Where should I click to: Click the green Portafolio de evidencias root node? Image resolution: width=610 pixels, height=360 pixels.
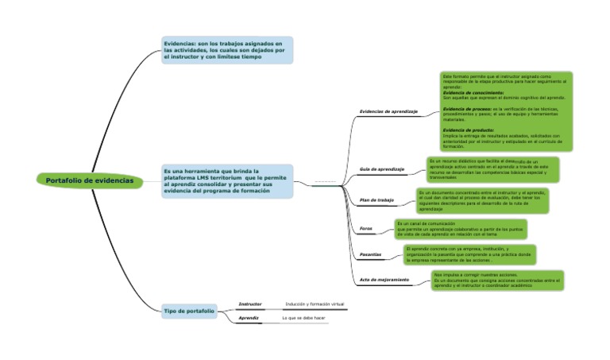89,180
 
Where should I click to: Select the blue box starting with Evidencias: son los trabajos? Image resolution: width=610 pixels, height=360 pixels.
226,50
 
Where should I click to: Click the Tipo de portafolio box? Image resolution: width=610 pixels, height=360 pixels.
189,311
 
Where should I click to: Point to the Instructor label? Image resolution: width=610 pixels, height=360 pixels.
250,304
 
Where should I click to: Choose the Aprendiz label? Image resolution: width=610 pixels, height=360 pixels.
249,318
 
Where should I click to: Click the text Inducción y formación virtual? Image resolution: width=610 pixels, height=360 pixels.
315,304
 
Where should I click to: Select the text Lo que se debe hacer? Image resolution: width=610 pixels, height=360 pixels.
304,318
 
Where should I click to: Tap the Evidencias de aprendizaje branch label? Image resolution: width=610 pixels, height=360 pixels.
388,111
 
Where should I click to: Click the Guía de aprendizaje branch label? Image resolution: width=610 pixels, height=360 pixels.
382,169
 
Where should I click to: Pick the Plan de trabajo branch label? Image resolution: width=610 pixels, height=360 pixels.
376,200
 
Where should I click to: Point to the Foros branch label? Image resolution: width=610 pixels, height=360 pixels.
365,229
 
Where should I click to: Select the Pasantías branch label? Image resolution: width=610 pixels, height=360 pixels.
370,254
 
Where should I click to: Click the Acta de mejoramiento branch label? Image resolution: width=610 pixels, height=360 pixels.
384,280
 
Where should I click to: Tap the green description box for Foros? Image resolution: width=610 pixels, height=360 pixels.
460,229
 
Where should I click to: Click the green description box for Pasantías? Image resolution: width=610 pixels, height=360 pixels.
469,254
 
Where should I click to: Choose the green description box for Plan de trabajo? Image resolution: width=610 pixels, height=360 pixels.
481,200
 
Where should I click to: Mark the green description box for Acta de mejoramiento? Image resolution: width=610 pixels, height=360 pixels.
497,280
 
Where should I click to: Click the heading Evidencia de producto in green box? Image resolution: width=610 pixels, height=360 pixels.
468,130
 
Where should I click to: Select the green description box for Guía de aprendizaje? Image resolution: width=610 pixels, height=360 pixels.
492,169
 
